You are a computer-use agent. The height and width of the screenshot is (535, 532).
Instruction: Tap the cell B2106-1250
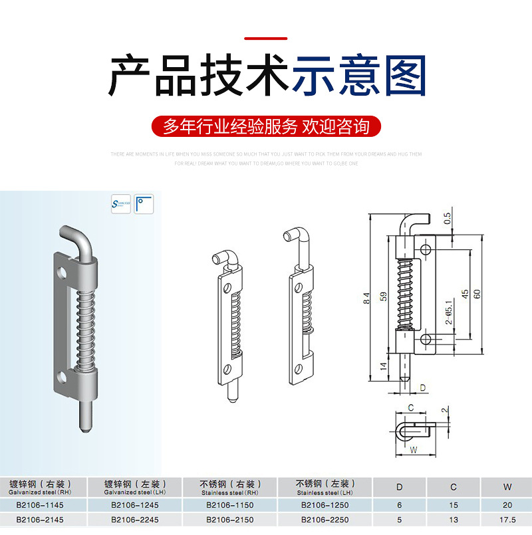(324, 506)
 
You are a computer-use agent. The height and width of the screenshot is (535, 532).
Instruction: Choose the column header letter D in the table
(399, 488)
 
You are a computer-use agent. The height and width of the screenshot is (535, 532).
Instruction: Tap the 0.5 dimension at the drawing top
(448, 217)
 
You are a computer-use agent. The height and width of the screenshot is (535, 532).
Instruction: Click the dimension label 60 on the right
(477, 292)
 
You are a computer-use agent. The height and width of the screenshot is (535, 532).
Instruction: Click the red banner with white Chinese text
(266, 126)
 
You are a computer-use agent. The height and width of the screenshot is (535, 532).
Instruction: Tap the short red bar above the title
(266, 39)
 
